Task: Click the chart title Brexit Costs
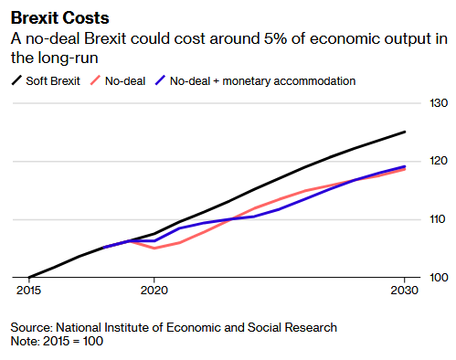coord(59,18)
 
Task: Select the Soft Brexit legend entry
coord(46,81)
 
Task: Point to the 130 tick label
coord(439,103)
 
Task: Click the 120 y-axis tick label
coord(439,161)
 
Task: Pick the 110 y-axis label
coord(439,219)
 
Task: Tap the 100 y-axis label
coord(439,277)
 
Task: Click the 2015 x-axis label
coord(28,291)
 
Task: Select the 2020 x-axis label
coord(154,291)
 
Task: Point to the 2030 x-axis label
coord(405,291)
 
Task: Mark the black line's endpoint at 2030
coord(405,132)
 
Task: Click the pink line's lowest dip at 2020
coord(154,249)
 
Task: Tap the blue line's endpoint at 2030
coord(405,166)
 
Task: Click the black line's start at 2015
coord(29,277)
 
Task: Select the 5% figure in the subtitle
coord(275,38)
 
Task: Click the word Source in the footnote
coord(32,328)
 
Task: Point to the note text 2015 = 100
coord(73,341)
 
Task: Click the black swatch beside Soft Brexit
coord(16,80)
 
